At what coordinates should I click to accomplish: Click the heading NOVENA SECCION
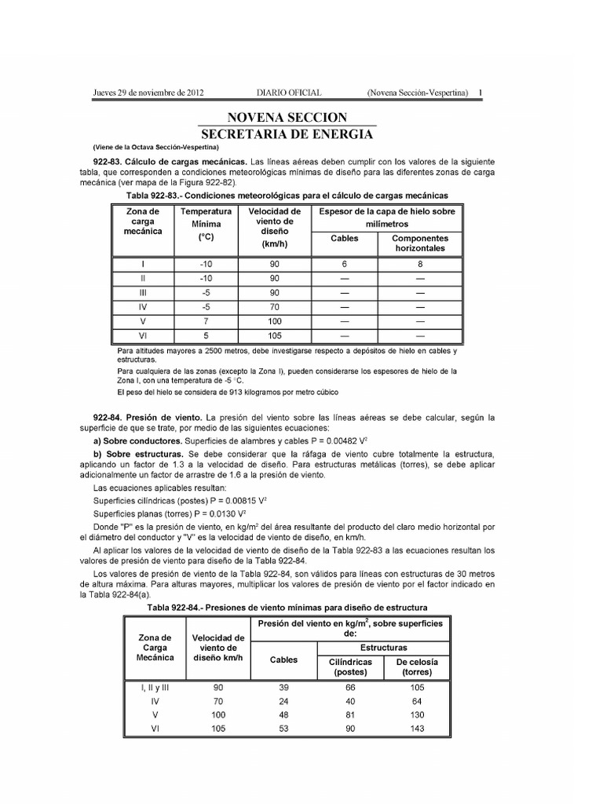coord(287,117)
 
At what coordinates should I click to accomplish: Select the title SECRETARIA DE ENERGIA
coord(287,133)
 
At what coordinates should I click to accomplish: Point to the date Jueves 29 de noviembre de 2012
coord(149,93)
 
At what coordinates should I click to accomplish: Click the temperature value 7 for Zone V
coord(206,321)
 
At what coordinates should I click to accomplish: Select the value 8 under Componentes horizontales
coord(419,265)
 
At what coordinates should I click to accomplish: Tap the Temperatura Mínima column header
coord(206,223)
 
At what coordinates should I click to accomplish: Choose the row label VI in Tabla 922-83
coord(143,335)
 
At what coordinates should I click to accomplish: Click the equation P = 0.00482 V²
coord(304,442)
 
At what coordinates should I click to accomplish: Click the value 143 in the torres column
coord(417,729)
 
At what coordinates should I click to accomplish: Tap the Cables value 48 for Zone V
coord(283,714)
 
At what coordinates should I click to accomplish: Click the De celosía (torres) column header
coord(417,667)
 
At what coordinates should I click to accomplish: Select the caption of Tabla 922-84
coord(287,608)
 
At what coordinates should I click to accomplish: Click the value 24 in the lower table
coord(283,700)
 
